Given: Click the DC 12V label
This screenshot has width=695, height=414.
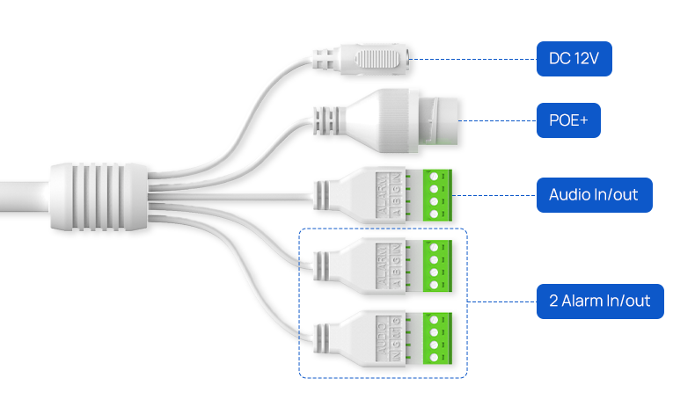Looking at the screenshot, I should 574,61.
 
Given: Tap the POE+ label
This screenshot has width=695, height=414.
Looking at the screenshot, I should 568,120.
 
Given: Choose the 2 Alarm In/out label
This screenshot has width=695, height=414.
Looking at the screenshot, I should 600,301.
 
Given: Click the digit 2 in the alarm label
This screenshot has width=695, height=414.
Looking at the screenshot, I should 554,301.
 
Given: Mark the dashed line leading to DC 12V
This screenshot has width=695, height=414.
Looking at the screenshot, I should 475,60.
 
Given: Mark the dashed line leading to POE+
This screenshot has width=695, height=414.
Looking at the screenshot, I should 497,120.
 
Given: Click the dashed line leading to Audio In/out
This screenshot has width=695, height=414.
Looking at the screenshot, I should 493,195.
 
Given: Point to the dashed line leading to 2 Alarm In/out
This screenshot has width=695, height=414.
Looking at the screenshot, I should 501,301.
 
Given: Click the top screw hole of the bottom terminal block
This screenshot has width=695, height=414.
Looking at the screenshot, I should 435,321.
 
